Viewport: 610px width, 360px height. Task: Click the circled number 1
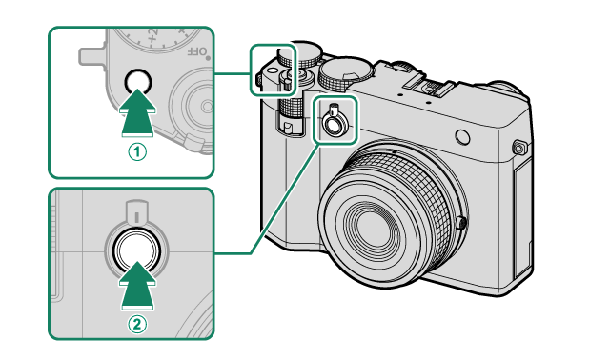pos(137,151)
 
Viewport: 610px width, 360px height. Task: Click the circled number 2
pos(137,324)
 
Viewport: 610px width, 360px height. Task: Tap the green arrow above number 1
pos(137,112)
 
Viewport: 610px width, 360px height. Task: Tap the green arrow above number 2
pos(137,286)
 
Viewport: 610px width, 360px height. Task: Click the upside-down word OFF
pos(196,50)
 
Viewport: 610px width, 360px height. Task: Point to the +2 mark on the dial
pos(152,35)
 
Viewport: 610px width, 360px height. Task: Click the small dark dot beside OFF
pos(208,58)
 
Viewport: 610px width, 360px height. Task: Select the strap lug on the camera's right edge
pos(518,148)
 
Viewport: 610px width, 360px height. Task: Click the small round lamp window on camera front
pos(462,137)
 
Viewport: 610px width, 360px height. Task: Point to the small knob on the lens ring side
pos(461,223)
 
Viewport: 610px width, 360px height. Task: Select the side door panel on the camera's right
pos(521,218)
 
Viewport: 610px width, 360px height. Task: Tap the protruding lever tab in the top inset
pos(91,57)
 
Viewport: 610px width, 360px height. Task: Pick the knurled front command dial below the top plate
pos(292,107)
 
